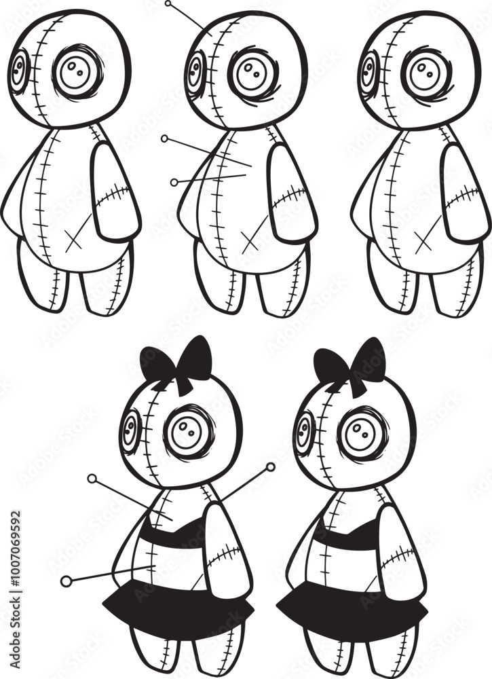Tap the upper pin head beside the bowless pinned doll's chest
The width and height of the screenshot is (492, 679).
tap(164, 139)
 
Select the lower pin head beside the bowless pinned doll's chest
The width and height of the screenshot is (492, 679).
tap(174, 182)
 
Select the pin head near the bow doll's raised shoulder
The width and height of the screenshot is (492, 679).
tap(271, 467)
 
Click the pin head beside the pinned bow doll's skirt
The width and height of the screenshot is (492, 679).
tap(66, 581)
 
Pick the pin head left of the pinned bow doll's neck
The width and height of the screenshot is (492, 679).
tap(92, 478)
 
